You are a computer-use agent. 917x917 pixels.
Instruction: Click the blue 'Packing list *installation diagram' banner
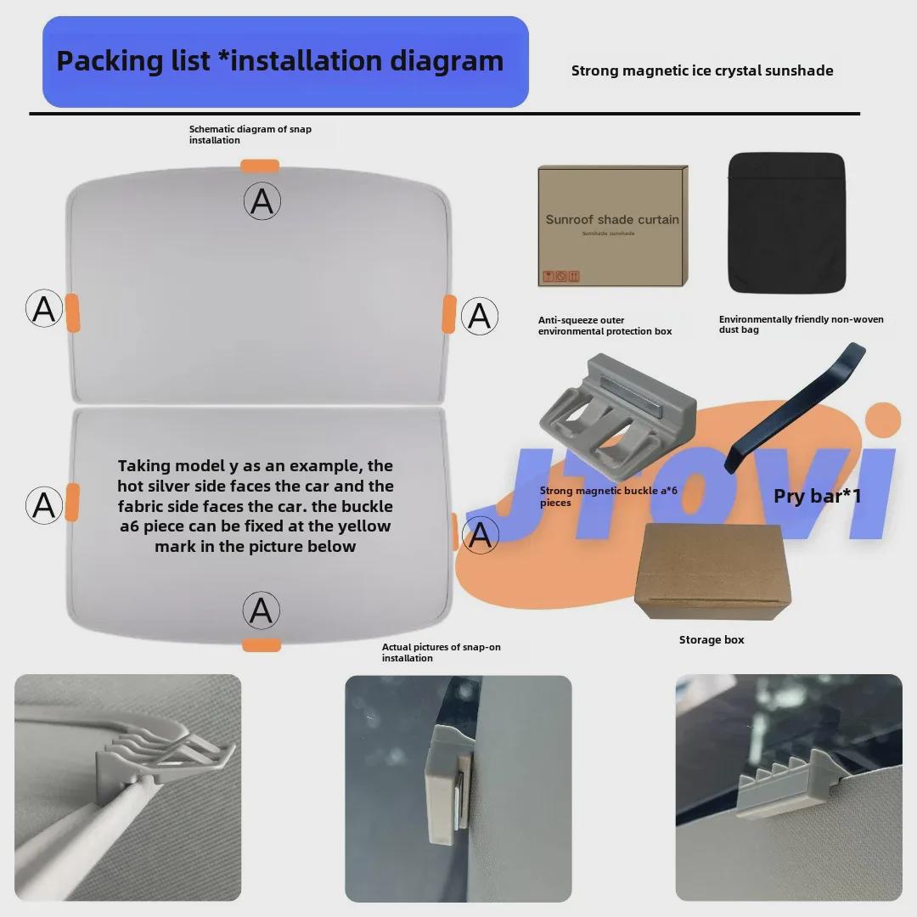point(285,61)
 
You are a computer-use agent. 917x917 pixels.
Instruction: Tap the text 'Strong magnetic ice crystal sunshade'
point(702,70)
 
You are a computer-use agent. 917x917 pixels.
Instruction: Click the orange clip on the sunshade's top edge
point(260,166)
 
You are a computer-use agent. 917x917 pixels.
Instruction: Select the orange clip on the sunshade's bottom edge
point(262,645)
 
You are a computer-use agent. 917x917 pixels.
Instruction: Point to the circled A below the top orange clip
point(262,201)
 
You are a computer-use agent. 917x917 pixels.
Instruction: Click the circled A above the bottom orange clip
point(262,610)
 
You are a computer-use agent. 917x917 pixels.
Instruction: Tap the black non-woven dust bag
point(787,222)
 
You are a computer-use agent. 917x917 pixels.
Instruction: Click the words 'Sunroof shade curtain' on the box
point(612,219)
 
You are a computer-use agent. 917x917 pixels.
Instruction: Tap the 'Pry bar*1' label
point(817,496)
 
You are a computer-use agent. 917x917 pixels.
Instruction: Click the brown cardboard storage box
point(712,571)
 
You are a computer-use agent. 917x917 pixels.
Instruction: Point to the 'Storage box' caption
point(712,640)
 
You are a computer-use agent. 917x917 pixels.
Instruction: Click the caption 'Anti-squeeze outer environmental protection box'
point(605,326)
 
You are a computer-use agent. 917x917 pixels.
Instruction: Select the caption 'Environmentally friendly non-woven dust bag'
point(802,324)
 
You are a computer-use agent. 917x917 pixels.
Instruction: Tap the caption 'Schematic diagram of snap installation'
point(250,134)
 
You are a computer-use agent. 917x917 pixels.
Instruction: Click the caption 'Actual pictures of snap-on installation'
point(441,653)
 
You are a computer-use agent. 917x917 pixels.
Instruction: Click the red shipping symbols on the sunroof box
point(561,276)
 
